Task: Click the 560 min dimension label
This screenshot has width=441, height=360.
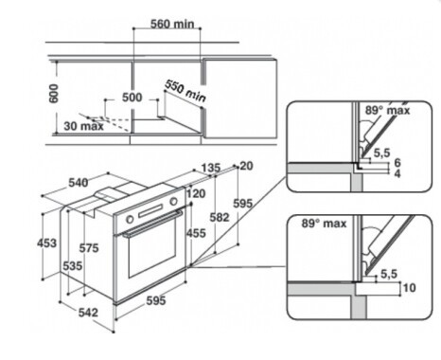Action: click(172, 24)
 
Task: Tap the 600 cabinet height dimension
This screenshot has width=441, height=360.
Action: click(54, 94)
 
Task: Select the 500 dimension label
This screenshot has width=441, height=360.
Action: click(132, 98)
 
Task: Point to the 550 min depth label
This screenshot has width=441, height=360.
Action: click(185, 91)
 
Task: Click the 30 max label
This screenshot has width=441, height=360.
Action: click(83, 126)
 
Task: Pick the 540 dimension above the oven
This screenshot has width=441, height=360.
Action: click(79, 183)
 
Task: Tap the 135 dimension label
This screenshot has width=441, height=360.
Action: click(211, 168)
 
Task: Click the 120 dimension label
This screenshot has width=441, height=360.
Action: click(196, 193)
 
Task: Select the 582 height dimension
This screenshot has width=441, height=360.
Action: click(220, 217)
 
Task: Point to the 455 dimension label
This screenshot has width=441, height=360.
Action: click(196, 233)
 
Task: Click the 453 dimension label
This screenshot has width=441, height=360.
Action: click(46, 243)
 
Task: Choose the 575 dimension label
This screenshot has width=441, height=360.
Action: click(89, 248)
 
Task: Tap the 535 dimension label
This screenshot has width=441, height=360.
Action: click(73, 266)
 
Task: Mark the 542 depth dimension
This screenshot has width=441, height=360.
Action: click(88, 313)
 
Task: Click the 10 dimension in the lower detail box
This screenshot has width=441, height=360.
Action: click(409, 288)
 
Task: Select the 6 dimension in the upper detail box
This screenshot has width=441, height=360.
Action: click(397, 163)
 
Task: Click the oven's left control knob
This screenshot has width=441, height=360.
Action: click(130, 219)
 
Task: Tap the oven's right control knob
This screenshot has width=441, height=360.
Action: click(173, 201)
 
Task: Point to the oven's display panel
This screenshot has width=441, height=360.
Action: click(150, 210)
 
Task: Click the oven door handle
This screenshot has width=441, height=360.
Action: click(152, 224)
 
